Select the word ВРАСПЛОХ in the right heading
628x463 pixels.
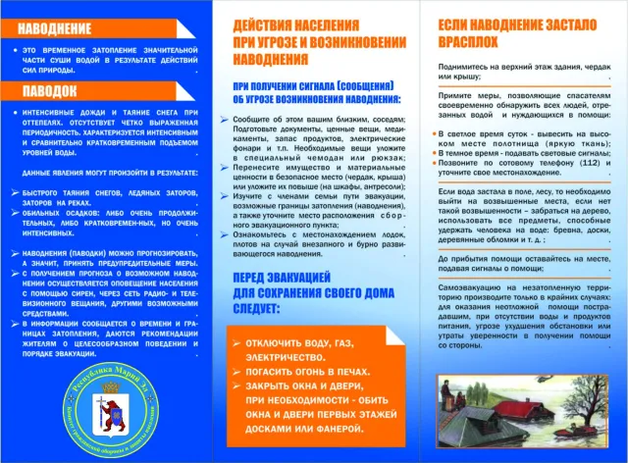click(455, 44)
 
